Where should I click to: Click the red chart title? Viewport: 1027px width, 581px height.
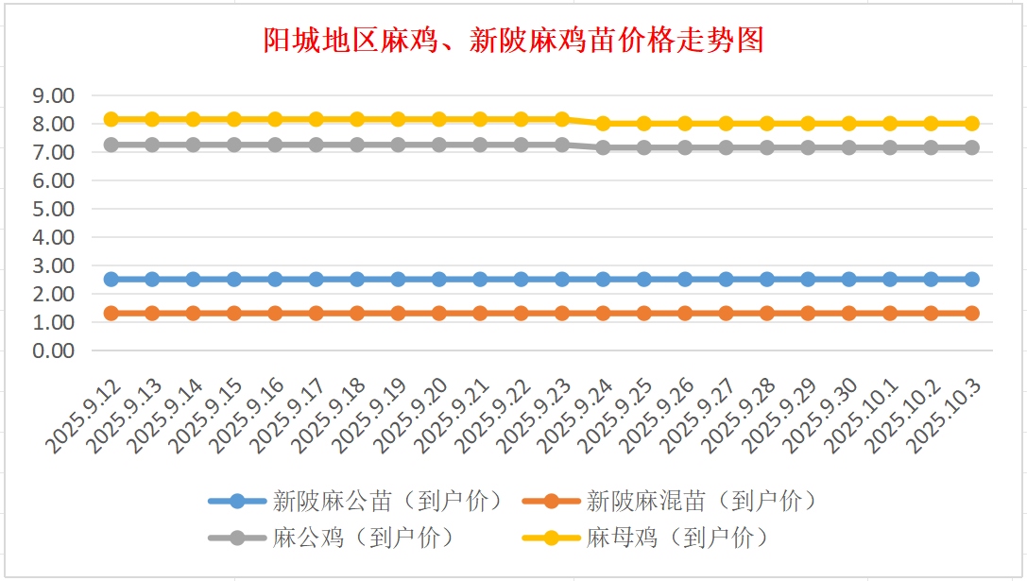click(513, 41)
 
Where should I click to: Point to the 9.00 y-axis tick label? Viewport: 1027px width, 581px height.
click(53, 95)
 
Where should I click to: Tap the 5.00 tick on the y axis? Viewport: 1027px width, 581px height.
click(53, 209)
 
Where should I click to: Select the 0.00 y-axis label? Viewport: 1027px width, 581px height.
click(53, 350)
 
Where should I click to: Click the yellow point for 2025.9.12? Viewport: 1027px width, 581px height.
click(111, 119)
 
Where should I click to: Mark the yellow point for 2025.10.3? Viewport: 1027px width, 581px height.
click(971, 123)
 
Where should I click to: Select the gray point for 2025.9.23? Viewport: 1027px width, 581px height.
click(562, 145)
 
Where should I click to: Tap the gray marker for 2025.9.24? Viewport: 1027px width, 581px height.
click(603, 147)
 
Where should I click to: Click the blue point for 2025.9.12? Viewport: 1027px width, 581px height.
click(111, 279)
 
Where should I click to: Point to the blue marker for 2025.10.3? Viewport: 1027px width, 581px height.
click(971, 279)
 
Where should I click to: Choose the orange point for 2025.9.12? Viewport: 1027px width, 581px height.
click(111, 313)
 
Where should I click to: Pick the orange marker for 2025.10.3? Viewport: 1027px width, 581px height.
click(971, 313)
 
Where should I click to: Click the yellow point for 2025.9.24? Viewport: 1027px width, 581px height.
click(603, 123)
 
